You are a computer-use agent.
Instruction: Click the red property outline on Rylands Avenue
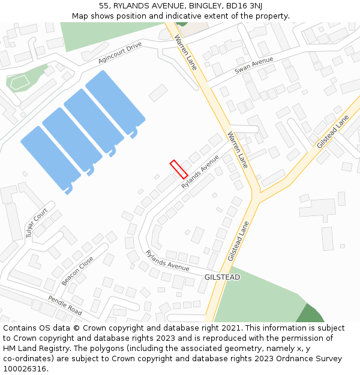[x=179, y=169]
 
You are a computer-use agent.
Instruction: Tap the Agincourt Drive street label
[x=120, y=53]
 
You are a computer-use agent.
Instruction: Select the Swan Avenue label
[x=254, y=63]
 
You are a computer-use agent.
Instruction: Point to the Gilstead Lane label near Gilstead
[x=238, y=241]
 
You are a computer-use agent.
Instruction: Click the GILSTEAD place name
[x=222, y=277]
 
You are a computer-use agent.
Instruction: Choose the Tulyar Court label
[x=37, y=223]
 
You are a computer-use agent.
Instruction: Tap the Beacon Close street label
[x=77, y=271]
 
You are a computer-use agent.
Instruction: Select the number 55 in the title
[x=104, y=6]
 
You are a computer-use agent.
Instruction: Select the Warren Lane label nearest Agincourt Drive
[x=185, y=52]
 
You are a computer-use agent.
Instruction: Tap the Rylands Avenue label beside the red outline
[x=200, y=172]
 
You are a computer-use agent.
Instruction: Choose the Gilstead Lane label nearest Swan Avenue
[x=333, y=132]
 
